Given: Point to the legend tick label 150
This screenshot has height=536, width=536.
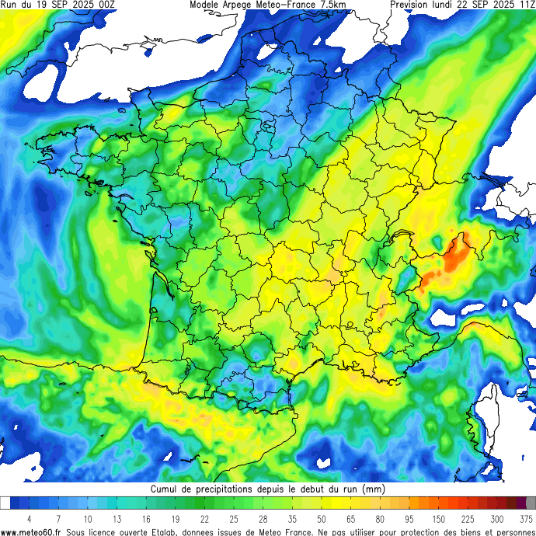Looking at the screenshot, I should click(440, 519).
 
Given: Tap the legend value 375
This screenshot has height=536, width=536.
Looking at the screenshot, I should click(526, 519).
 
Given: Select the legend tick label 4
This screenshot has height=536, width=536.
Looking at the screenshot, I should click(29, 519).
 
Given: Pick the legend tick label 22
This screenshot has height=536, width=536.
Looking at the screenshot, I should click(204, 519).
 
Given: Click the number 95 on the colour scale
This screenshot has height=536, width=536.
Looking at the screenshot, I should click(409, 519).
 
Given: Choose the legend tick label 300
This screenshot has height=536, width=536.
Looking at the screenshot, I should click(496, 519).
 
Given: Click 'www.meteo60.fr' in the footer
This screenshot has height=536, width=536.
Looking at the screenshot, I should click(31, 531).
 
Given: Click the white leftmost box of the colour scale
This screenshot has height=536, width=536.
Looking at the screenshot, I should click(5, 503).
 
